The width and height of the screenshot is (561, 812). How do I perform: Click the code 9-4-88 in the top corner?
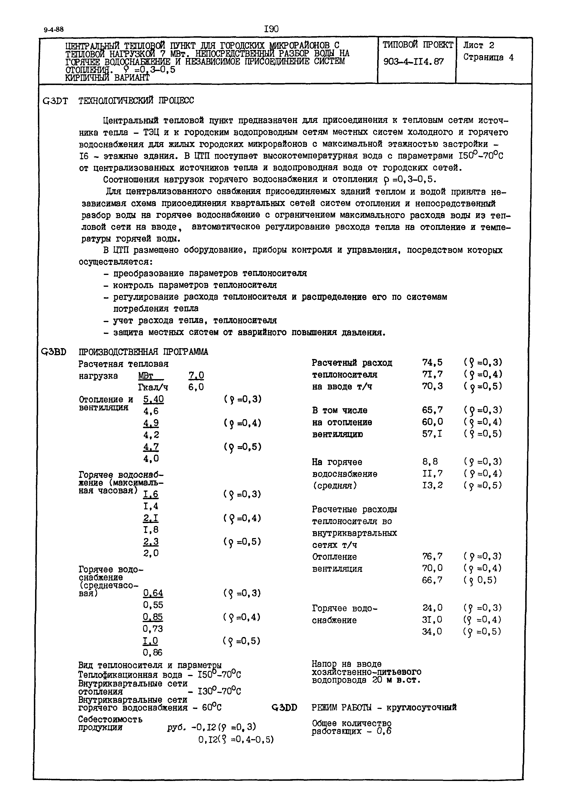54,30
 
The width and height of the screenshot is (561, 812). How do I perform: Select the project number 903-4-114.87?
413,62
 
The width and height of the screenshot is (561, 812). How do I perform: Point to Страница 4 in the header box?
488,58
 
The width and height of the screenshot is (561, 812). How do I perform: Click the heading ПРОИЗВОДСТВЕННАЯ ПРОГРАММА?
143,352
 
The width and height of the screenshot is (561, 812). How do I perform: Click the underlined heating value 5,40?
153,399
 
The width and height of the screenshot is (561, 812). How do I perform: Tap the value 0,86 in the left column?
153,652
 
